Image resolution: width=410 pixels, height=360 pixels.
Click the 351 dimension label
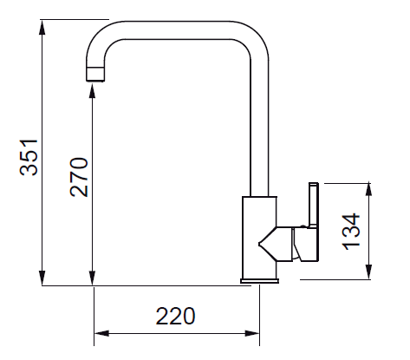pos(29,158)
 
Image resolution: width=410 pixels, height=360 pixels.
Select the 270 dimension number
pos(79,177)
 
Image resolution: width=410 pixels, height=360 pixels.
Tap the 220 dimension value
pos(176,316)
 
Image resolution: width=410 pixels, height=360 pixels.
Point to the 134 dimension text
pos(351,232)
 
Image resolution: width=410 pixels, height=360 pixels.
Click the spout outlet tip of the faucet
pos(95,74)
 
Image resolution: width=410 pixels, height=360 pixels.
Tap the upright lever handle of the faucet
pos(314,206)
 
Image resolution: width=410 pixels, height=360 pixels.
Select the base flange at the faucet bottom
pos(259,280)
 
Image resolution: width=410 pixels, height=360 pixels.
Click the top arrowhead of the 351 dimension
pos(42,28)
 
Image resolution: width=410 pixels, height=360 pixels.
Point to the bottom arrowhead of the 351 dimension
pos(42,278)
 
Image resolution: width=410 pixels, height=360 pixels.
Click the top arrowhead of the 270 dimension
pos(93,90)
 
